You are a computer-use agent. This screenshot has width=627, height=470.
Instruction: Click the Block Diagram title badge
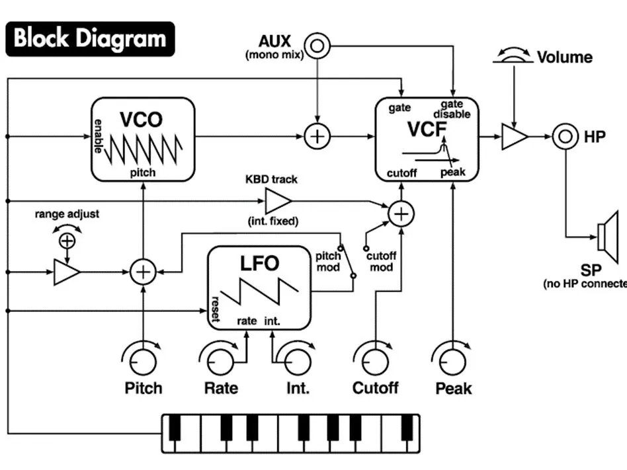coord(90,38)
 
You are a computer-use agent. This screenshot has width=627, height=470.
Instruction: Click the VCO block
coord(142,139)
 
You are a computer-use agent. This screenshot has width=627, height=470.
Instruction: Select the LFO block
coord(260,288)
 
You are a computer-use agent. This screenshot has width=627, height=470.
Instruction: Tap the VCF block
coord(426,139)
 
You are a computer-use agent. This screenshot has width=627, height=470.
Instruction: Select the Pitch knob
coord(142,362)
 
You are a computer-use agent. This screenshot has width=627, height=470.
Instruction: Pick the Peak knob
coord(453,362)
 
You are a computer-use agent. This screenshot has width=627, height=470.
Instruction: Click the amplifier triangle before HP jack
coord(514,137)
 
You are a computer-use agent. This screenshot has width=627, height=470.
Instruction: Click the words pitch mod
coord(328,262)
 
